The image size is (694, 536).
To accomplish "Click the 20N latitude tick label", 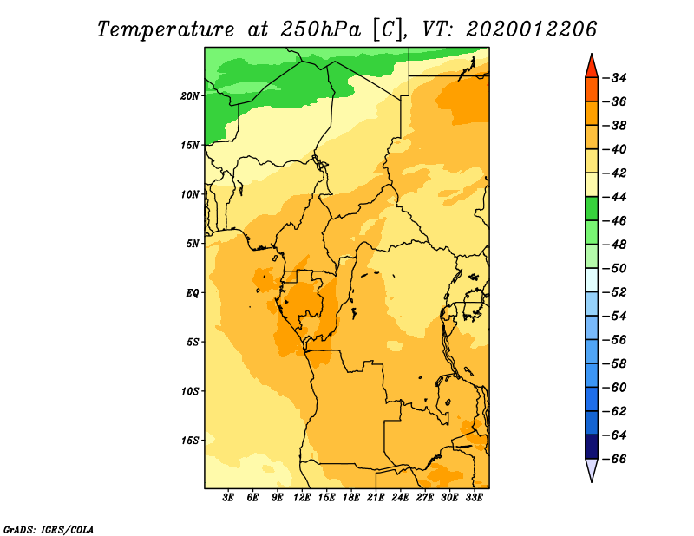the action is (x=190, y=96).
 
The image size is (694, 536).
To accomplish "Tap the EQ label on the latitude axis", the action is (x=192, y=293).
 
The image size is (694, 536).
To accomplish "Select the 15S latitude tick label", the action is (x=190, y=441).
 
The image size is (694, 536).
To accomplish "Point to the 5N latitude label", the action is (x=193, y=244).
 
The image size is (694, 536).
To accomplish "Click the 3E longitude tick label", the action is (x=228, y=498).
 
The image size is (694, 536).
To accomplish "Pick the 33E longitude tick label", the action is (x=474, y=498).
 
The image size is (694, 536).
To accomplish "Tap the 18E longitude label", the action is (x=351, y=498).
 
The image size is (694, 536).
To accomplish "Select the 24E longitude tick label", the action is (x=400, y=498).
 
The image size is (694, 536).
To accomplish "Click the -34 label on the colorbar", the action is (x=615, y=78).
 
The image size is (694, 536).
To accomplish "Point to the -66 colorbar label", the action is (x=615, y=459).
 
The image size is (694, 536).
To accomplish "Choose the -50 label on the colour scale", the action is (x=615, y=268).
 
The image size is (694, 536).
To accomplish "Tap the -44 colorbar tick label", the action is (x=615, y=197).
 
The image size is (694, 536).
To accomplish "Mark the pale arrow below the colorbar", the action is (x=592, y=468).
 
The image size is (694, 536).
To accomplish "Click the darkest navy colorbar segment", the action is (x=592, y=447).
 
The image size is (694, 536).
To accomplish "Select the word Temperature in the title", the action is (x=166, y=29).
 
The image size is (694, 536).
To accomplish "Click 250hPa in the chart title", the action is (x=320, y=29).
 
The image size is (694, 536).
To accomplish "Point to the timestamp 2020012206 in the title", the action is (x=531, y=29).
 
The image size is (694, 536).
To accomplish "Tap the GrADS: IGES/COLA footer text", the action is (x=49, y=530).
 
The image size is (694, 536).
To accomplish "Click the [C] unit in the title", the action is (x=386, y=30).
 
